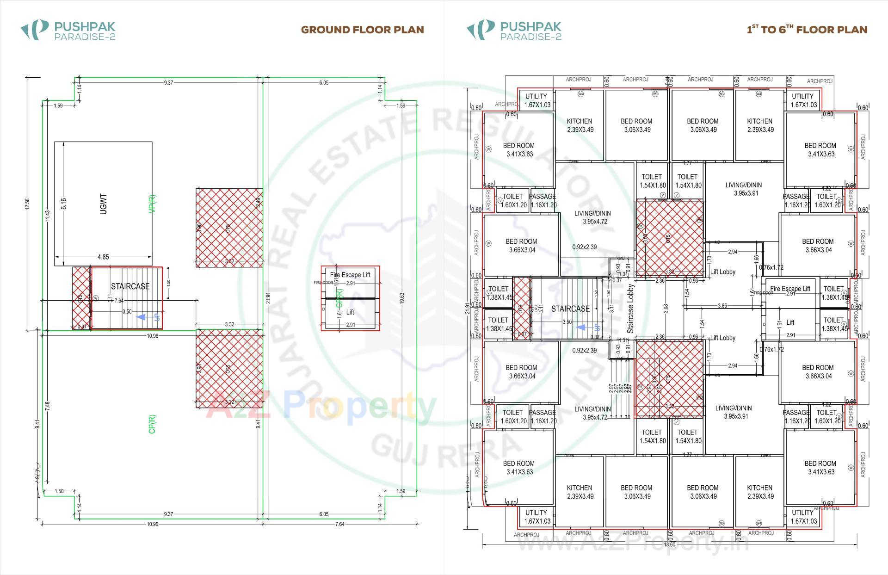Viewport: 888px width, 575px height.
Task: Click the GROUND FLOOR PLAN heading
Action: click(362, 30)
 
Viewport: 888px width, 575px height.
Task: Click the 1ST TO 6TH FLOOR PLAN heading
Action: click(807, 30)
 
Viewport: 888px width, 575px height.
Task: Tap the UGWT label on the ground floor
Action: click(103, 204)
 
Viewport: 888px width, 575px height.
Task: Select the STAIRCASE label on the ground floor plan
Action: click(130, 286)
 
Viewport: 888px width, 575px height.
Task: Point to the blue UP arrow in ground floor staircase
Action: click(142, 317)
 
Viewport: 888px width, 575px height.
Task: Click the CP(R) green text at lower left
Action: click(152, 424)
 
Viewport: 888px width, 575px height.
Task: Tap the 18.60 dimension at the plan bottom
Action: click(669, 544)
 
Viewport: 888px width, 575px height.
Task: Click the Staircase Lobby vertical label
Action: click(630, 309)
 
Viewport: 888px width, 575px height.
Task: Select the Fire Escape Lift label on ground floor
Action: click(350, 275)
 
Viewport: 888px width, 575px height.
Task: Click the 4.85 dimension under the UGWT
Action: click(103, 257)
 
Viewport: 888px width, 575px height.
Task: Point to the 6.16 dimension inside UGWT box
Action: click(64, 204)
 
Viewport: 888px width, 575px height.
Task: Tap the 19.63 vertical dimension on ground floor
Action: click(402, 298)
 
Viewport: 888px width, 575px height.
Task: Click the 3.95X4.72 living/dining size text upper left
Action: click(595, 222)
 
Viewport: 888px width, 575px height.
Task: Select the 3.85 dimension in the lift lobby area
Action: click(722, 306)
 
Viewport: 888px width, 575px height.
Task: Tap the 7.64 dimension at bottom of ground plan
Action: click(339, 524)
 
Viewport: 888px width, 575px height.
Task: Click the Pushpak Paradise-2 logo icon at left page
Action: click(35, 30)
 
